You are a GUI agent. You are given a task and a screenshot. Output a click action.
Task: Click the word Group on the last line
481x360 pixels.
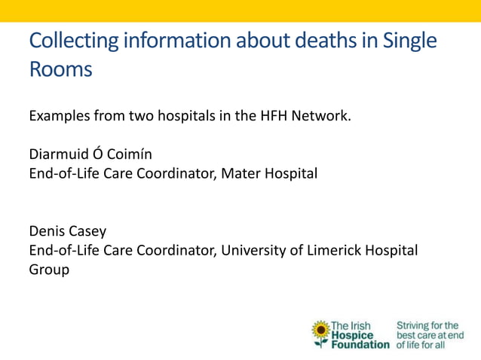coord(50,268)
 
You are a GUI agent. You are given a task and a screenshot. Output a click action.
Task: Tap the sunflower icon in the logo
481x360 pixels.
coord(321,332)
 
